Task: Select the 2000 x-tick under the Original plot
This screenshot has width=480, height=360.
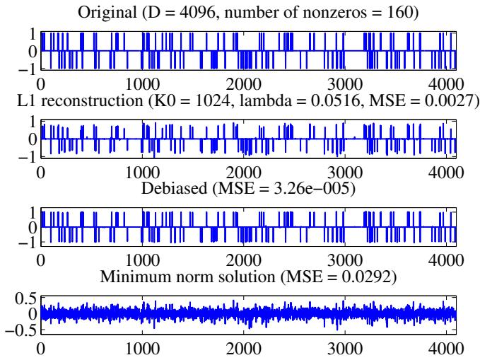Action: click(245, 82)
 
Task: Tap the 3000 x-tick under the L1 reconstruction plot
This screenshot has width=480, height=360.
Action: click(346, 170)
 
